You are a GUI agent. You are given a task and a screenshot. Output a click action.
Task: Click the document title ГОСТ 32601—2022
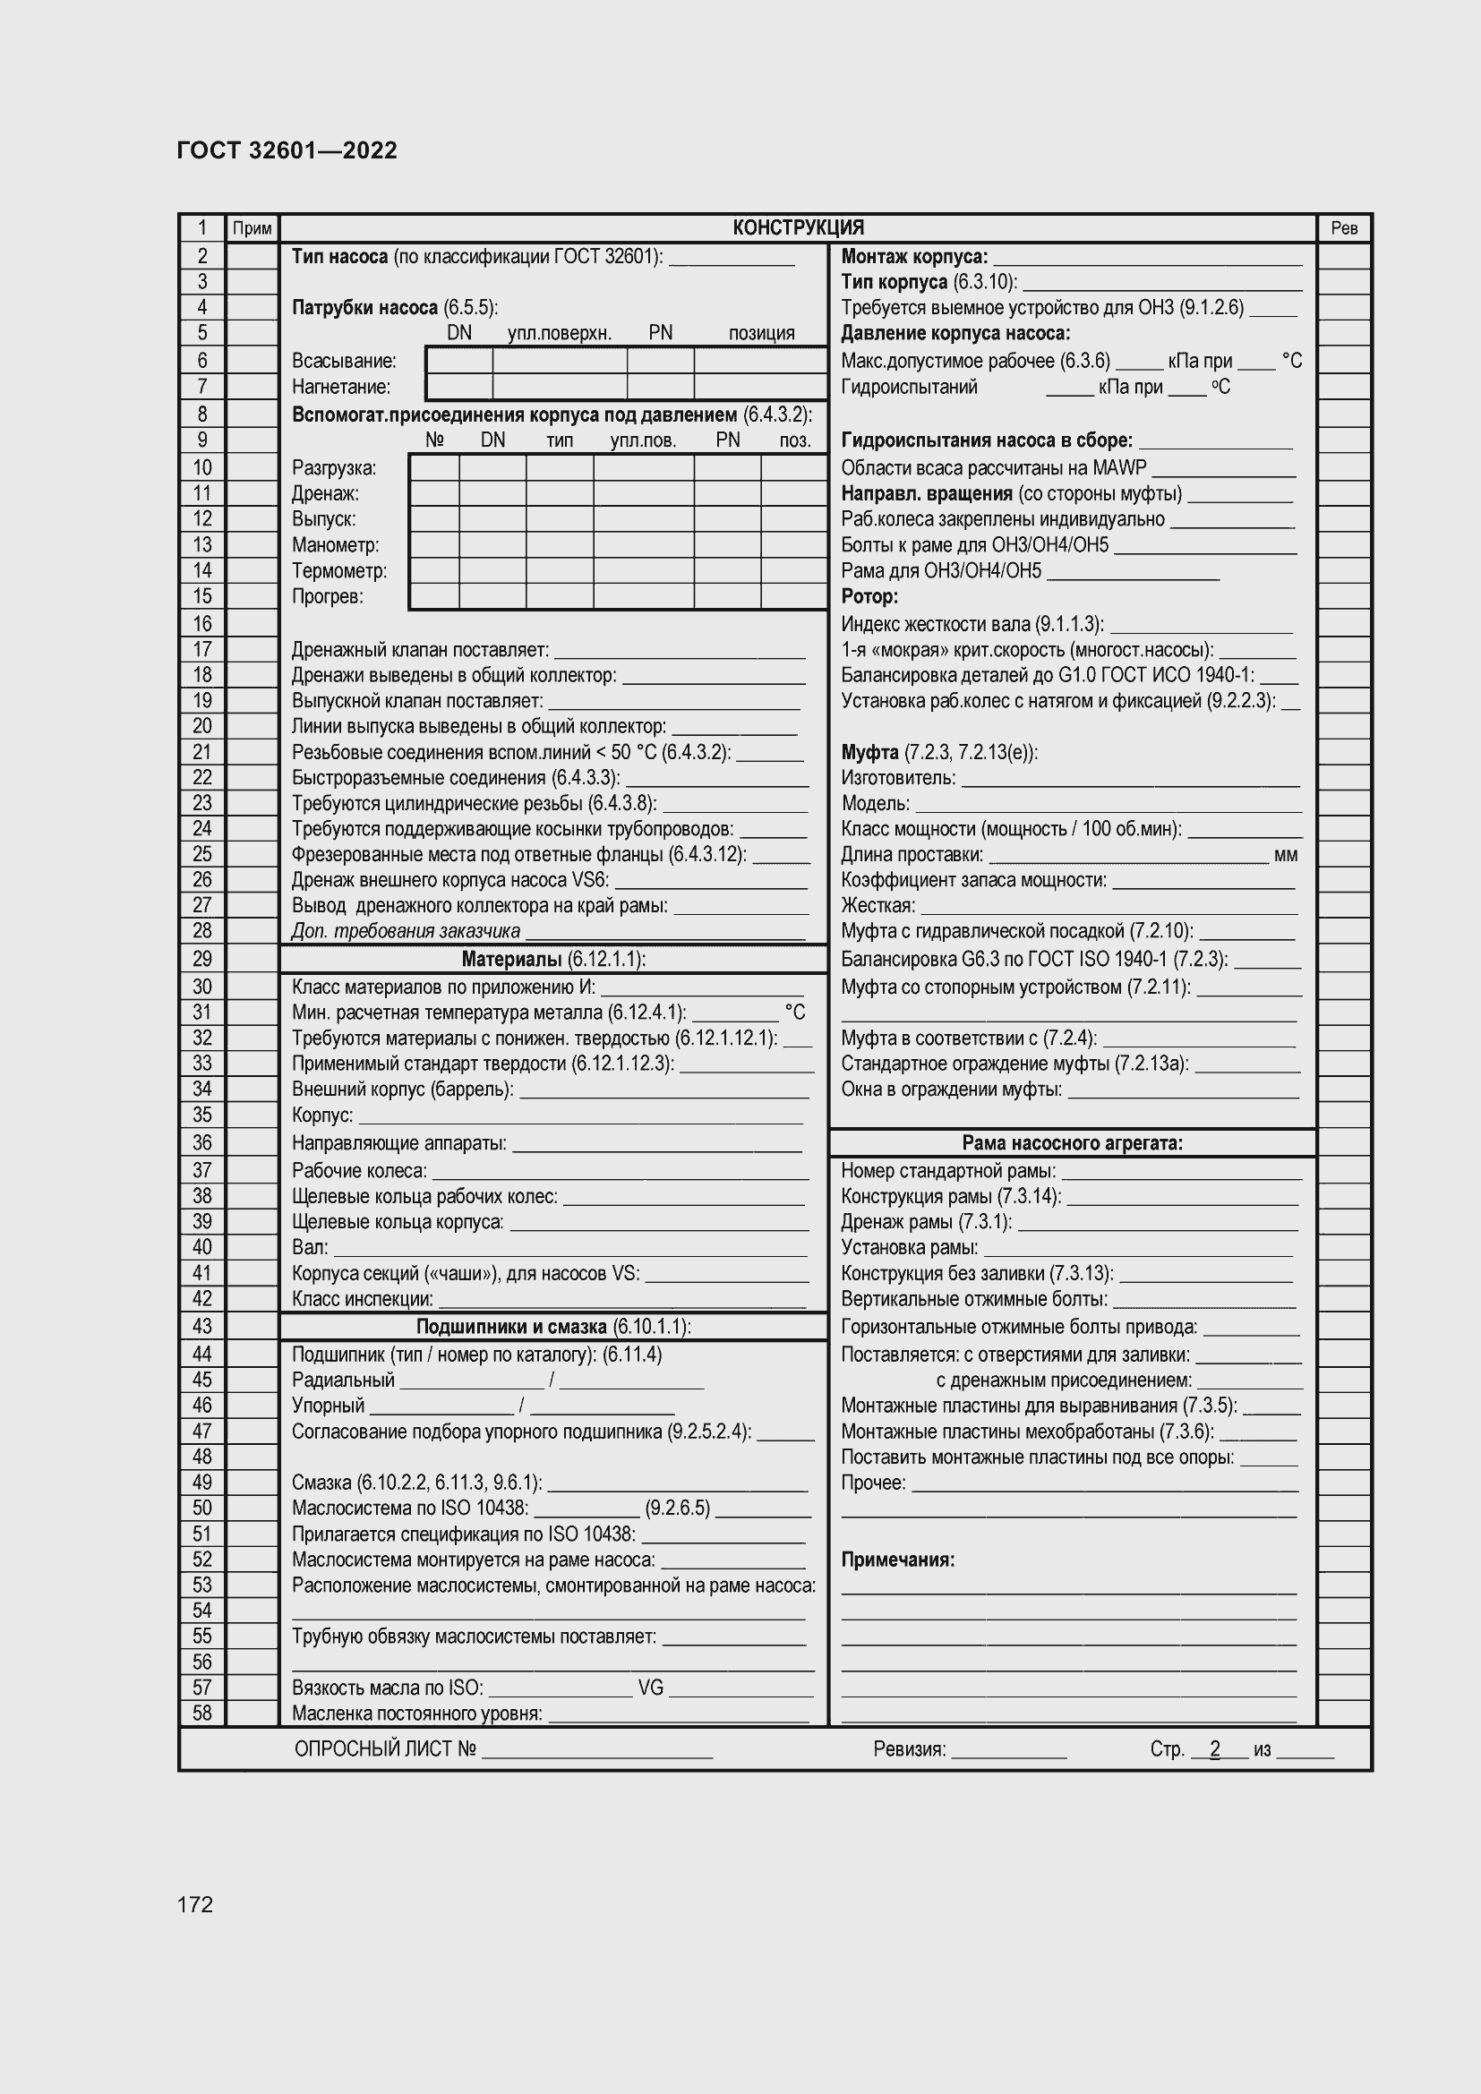click(x=287, y=150)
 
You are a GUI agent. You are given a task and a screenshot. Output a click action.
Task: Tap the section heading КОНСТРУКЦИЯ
click(x=798, y=228)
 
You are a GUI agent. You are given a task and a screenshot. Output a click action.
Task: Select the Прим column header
click(x=252, y=229)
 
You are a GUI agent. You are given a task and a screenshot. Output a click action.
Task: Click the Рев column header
click(x=1344, y=229)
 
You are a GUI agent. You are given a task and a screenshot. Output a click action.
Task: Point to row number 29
click(x=201, y=959)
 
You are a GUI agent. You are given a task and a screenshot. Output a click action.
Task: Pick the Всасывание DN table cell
click(x=459, y=361)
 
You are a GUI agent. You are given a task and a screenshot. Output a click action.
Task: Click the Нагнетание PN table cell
click(x=660, y=387)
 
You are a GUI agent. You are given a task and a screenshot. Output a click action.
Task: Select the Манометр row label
click(x=336, y=545)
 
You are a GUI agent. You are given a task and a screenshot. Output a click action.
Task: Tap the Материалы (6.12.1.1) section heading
click(x=552, y=960)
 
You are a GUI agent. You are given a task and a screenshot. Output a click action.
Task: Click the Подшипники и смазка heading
click(x=552, y=1327)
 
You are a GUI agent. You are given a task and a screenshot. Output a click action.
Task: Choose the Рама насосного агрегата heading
click(x=1073, y=1143)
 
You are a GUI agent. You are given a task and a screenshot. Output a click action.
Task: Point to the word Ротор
click(x=869, y=596)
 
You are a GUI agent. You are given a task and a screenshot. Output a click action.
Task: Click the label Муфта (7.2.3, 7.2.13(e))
click(x=939, y=752)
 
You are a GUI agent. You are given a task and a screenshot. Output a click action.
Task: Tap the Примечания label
click(x=897, y=1560)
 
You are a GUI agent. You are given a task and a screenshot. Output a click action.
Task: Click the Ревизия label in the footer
click(x=909, y=1749)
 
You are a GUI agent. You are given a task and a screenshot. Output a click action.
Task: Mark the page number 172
click(x=195, y=1905)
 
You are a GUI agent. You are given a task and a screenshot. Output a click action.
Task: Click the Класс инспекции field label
click(x=362, y=1299)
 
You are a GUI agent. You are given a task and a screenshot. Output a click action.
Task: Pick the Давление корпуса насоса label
click(x=955, y=333)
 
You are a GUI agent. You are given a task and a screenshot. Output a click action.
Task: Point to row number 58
click(x=201, y=1714)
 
